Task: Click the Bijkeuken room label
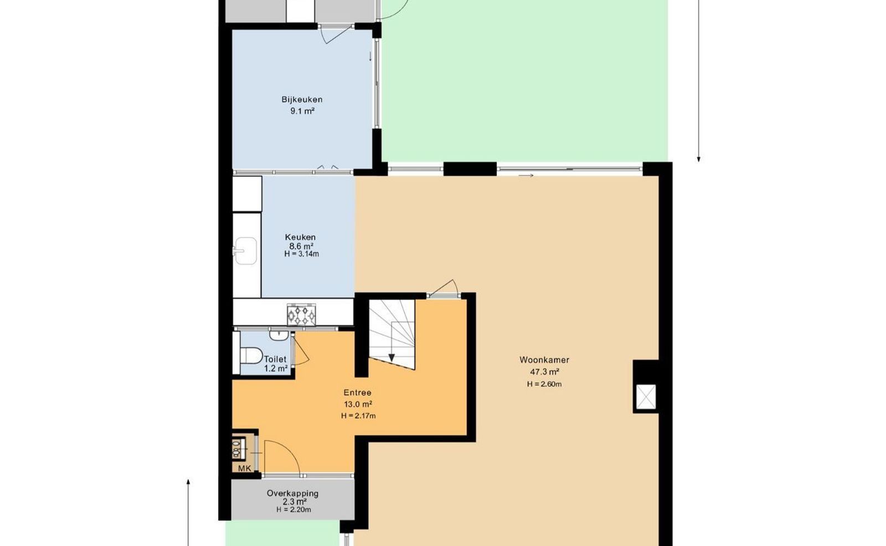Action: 302,99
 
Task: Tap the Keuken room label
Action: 300,237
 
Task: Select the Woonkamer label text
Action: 544,360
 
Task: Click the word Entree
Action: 357,392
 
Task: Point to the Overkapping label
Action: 293,493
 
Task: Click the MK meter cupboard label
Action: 244,468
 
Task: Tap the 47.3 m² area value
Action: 544,372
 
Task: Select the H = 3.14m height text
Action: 301,254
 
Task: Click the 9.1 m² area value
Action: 302,111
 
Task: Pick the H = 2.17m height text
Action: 358,416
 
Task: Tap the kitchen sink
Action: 245,251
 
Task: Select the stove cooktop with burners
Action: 301,315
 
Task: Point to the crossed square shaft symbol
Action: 646,397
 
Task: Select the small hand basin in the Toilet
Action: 279,335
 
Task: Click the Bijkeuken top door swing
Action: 336,34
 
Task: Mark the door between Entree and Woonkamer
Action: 444,288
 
